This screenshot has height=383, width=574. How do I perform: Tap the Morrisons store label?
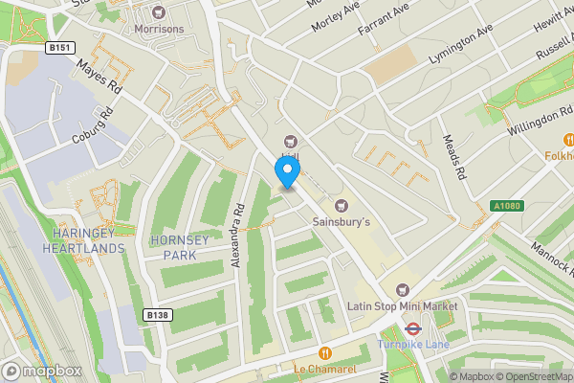pyautogui.click(x=159, y=29)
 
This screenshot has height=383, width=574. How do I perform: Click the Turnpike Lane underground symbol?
pyautogui.click(x=412, y=327)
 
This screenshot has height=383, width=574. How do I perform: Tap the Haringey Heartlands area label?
pyautogui.click(x=83, y=240)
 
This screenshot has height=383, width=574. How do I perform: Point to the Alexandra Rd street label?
pyautogui.click(x=239, y=234)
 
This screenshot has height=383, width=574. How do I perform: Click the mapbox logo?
pyautogui.click(x=40, y=371)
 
